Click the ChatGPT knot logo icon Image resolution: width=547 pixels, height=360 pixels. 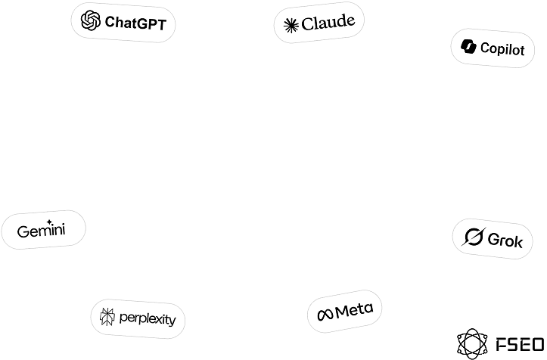[x=91, y=20]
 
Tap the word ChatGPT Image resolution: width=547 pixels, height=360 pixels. [x=135, y=23]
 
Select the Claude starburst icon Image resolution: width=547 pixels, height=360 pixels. [x=291, y=26]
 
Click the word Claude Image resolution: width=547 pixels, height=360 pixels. [x=328, y=23]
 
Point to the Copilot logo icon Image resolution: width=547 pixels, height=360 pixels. [x=468, y=47]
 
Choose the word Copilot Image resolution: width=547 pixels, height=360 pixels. [x=502, y=50]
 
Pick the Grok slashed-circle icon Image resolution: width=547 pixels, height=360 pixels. [x=474, y=237]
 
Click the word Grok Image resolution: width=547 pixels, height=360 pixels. [x=505, y=241]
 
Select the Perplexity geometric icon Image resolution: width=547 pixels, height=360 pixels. [x=107, y=317]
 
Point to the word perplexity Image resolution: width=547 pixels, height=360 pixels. [x=148, y=319]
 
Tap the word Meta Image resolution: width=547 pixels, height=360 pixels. [x=354, y=310]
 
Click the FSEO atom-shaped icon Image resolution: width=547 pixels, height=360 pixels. [x=472, y=344]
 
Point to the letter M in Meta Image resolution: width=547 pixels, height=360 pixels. [x=342, y=312]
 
